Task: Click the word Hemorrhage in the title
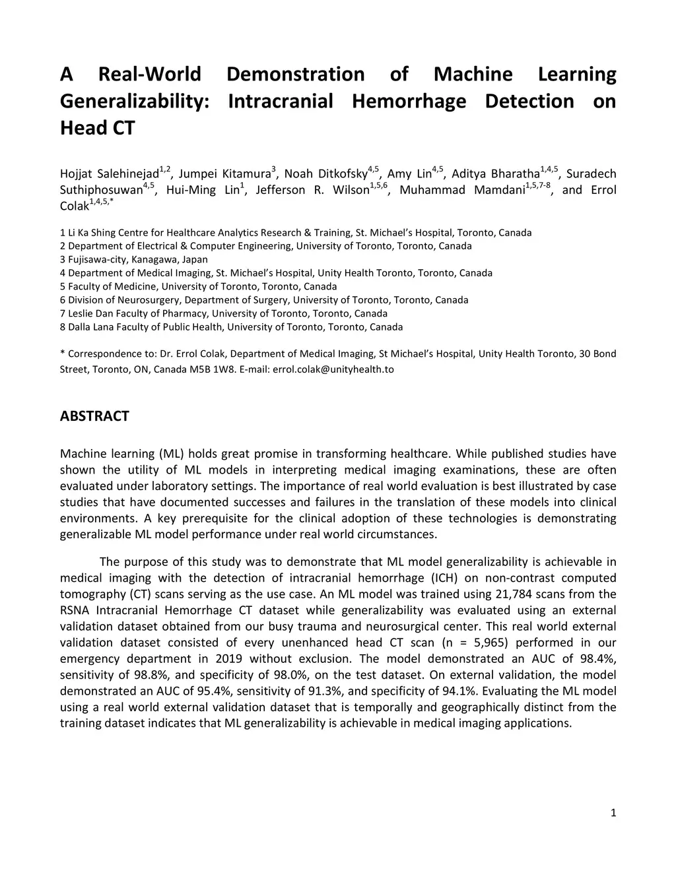click(x=409, y=102)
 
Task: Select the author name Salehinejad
click(x=127, y=174)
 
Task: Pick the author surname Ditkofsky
click(x=342, y=174)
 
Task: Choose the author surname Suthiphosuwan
click(x=101, y=191)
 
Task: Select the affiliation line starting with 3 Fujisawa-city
click(x=134, y=260)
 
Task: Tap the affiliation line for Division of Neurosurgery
click(x=264, y=300)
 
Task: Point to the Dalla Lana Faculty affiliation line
click(x=231, y=327)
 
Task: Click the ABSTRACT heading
click(x=94, y=416)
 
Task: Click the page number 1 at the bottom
click(x=613, y=813)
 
